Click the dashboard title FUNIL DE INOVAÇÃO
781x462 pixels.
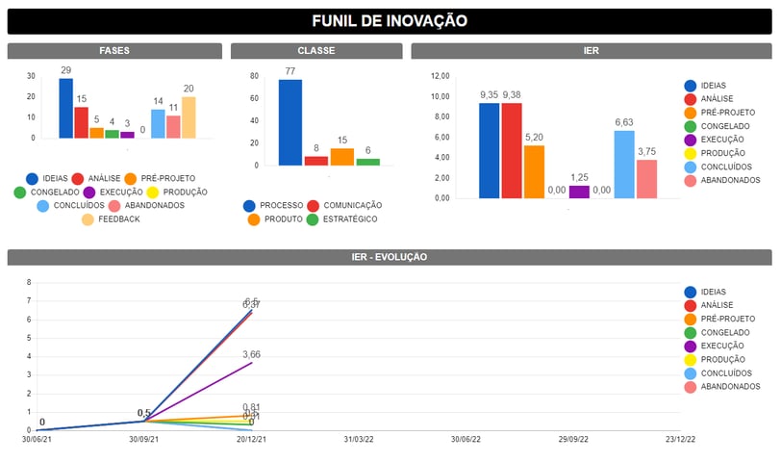tap(390, 20)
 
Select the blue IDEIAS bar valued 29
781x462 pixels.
tap(65, 108)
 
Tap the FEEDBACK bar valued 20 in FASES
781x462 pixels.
tap(189, 117)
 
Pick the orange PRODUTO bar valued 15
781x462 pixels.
tap(342, 157)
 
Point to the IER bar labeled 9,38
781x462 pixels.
tap(512, 150)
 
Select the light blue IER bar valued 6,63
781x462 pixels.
tap(624, 164)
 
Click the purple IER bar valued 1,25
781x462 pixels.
tap(579, 192)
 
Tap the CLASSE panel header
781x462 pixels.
tap(315, 51)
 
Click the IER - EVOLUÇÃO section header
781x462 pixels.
tap(390, 257)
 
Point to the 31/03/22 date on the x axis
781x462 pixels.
tap(360, 440)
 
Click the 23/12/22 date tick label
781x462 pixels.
tap(680, 440)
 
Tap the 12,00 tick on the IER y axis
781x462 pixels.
tap(440, 76)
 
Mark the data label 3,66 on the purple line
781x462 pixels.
tap(252, 354)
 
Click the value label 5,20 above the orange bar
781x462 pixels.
tap(534, 137)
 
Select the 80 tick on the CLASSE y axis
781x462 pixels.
tap(253, 76)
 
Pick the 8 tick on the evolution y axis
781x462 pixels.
tap(29, 282)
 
